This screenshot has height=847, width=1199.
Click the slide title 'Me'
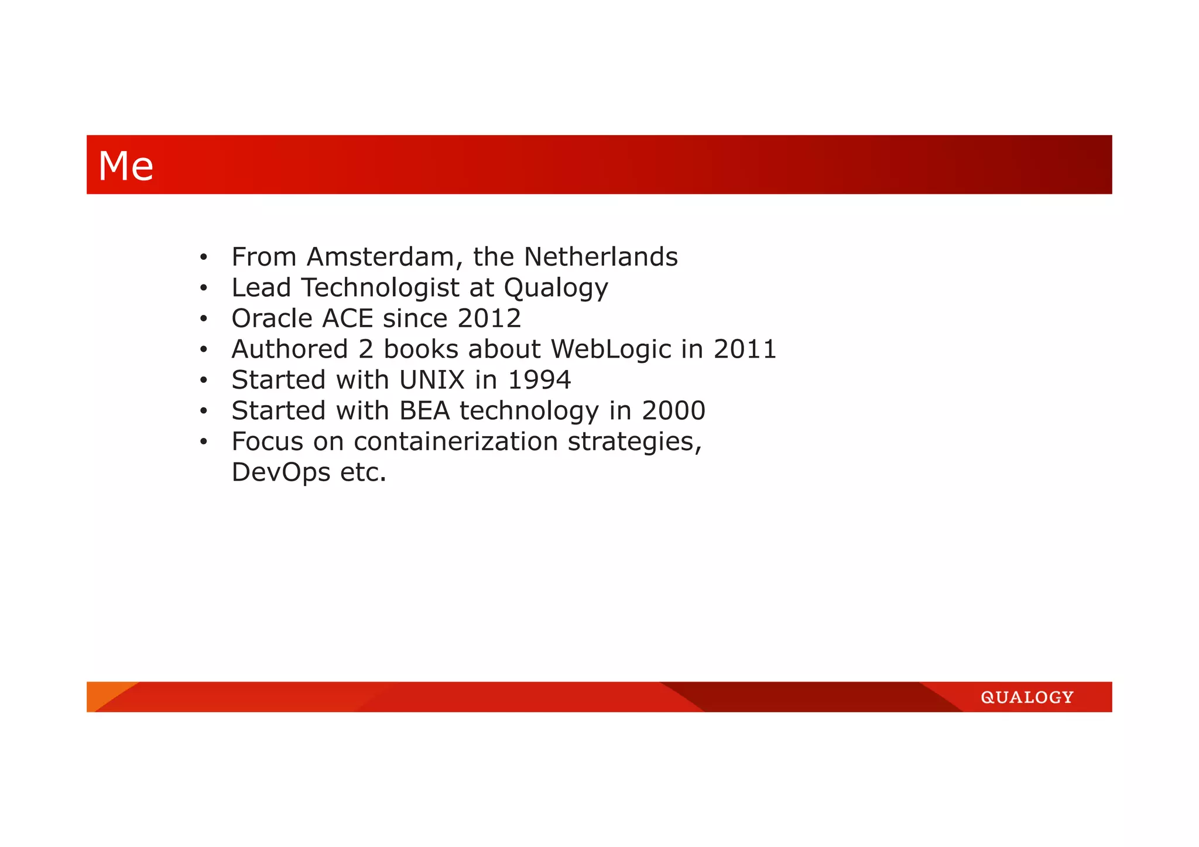point(126,166)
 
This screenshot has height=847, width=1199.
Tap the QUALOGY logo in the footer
point(1027,697)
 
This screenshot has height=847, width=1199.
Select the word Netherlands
point(601,257)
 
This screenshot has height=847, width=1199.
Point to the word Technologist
point(381,288)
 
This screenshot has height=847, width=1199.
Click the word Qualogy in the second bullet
point(556,288)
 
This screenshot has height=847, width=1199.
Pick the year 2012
point(489,318)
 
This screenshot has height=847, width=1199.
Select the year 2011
point(745,349)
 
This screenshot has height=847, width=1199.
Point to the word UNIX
point(431,380)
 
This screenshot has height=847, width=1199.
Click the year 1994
point(539,380)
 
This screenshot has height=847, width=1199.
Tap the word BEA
point(424,411)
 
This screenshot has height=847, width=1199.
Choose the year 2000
point(673,411)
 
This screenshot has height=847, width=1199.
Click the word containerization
point(455,441)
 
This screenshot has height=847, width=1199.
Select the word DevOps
point(281,472)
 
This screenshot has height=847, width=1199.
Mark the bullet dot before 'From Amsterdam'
point(203,258)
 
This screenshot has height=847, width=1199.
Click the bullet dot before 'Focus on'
point(203,442)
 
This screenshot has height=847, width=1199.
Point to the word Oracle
point(272,318)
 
